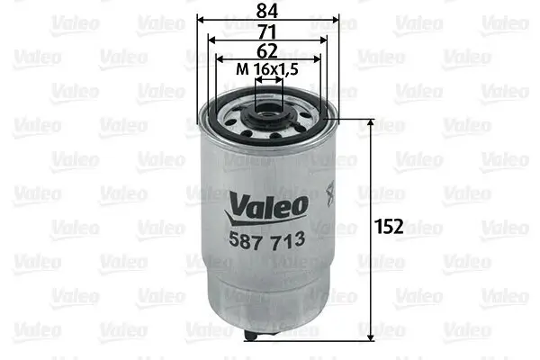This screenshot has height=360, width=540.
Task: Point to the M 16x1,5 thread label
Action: point(268,69)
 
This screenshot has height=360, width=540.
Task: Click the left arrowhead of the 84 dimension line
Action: point(201,19)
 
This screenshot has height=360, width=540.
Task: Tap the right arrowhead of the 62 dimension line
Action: point(318,59)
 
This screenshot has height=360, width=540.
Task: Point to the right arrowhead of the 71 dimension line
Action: point(325,40)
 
